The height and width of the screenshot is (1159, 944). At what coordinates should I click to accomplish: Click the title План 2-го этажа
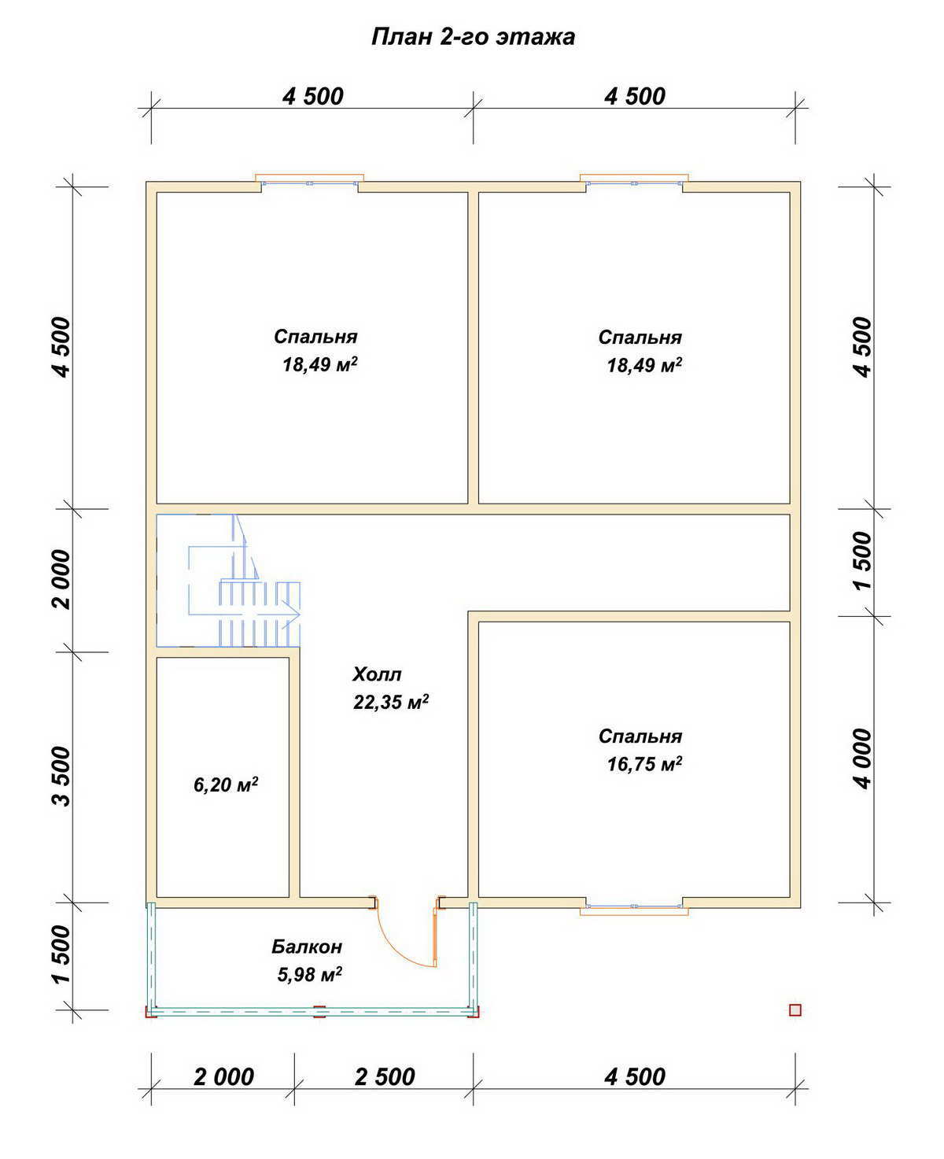coord(473,37)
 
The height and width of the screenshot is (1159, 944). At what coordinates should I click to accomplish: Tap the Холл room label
coord(377,675)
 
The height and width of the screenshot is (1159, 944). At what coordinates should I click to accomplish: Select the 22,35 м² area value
coord(391,702)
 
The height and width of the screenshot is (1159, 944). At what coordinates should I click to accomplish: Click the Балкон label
coord(307,947)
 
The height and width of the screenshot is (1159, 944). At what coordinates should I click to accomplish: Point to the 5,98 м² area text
coord(310,974)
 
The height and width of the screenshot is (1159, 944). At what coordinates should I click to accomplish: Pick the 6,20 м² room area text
coord(226,784)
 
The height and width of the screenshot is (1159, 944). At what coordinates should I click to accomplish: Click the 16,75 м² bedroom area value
coord(644,764)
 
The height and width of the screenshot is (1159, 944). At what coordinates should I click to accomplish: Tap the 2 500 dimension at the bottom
coord(385,1077)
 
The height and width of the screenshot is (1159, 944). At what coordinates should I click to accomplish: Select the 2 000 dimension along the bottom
coord(223,1077)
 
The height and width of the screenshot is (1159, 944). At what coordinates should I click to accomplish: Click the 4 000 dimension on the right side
coord(863,759)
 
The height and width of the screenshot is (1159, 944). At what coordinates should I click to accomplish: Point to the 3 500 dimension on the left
coord(63,776)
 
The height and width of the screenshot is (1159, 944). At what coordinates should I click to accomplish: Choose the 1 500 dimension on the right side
coord(863,561)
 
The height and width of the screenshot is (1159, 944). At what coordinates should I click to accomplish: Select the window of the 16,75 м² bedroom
coord(634,906)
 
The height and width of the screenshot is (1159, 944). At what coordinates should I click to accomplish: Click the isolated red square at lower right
coord(795,1010)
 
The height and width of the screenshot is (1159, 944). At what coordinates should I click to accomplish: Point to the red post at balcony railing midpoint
coord(319,1011)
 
